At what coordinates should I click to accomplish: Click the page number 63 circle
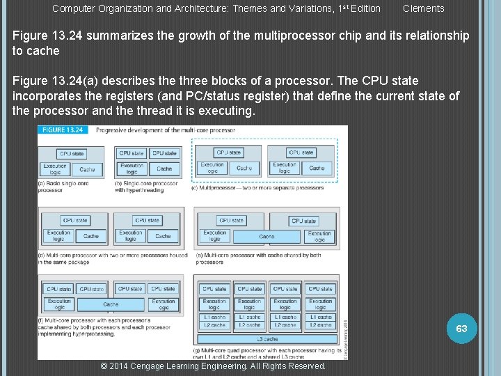pyautogui.click(x=461, y=328)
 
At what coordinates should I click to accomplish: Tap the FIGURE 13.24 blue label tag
pyautogui.click(x=64, y=130)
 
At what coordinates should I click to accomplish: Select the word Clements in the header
pyautogui.click(x=423, y=8)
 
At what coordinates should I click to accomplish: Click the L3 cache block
pyautogui.click(x=267, y=338)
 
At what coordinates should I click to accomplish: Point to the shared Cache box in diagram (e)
pyautogui.click(x=267, y=236)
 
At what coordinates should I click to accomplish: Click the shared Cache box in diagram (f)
pyautogui.click(x=111, y=304)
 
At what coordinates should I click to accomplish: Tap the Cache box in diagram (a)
pyautogui.click(x=87, y=169)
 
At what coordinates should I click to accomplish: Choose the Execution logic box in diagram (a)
pyautogui.click(x=55, y=169)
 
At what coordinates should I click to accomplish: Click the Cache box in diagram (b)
pyautogui.click(x=164, y=169)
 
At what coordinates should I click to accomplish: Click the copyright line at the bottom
pyautogui.click(x=213, y=366)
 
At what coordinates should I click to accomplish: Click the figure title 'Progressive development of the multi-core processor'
pyautogui.click(x=165, y=130)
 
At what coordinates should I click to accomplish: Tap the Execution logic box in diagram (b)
pyautogui.click(x=132, y=169)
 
